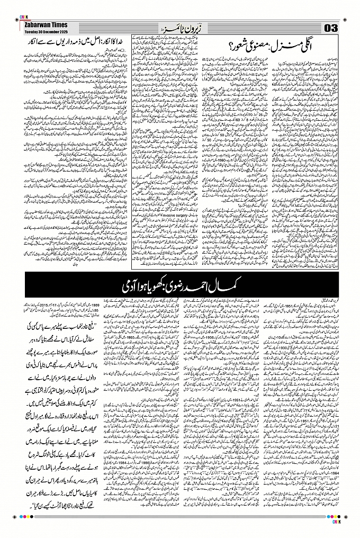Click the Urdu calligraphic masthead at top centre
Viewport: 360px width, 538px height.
(179, 27)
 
